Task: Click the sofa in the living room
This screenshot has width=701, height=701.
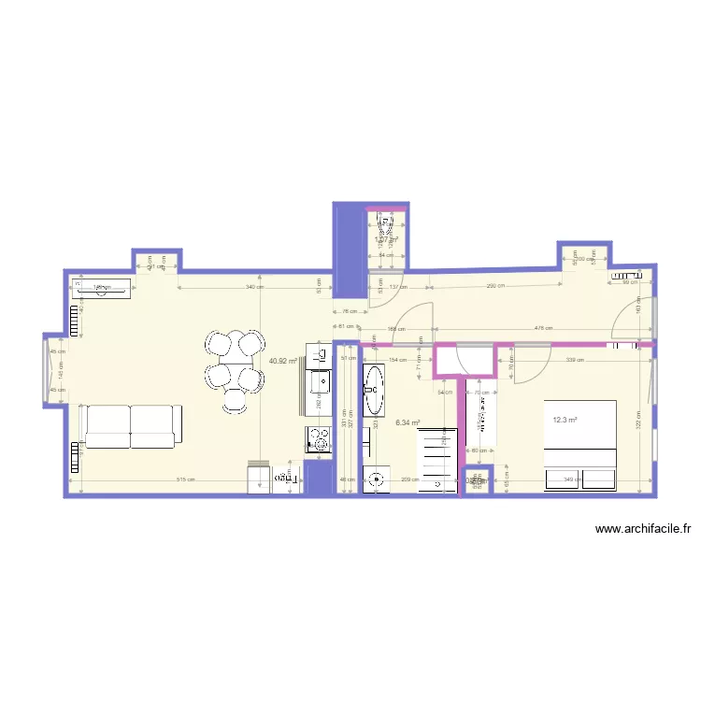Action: click(x=130, y=425)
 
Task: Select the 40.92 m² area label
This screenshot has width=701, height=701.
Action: click(x=282, y=361)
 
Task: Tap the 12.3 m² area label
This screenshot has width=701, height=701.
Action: click(x=565, y=421)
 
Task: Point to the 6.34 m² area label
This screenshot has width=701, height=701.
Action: click(x=408, y=422)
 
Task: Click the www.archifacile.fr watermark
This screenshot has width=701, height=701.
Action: click(x=644, y=530)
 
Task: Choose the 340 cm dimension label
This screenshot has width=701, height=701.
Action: click(x=251, y=287)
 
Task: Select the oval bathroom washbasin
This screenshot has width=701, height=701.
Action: click(x=375, y=390)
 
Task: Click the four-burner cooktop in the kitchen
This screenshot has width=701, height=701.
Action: click(x=319, y=438)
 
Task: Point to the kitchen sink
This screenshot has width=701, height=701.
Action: click(x=319, y=380)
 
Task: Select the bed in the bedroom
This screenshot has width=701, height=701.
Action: click(x=580, y=445)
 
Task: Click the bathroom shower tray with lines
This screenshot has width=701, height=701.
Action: click(x=440, y=460)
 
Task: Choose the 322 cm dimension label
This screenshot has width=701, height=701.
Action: click(x=638, y=412)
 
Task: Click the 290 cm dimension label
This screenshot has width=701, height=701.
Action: click(x=496, y=287)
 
